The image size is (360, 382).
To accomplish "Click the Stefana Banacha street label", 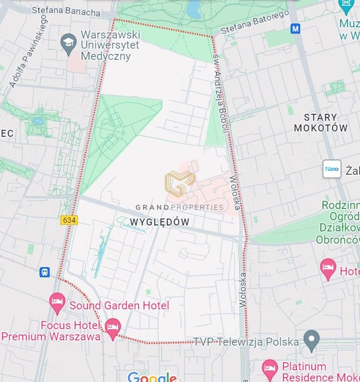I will pyautogui.click(x=66, y=11).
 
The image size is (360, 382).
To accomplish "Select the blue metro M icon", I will pyautogui.click(x=295, y=28).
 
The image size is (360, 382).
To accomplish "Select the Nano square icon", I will pyautogui.click(x=332, y=169).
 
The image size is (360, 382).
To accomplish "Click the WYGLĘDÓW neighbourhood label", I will pyautogui.click(x=160, y=221).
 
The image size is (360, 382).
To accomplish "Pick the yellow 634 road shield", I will pyautogui.click(x=69, y=220).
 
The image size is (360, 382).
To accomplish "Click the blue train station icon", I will pyautogui.click(x=44, y=272).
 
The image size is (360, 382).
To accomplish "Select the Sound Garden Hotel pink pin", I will pyautogui.click(x=57, y=302).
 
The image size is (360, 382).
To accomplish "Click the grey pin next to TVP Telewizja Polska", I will pyautogui.click(x=311, y=338).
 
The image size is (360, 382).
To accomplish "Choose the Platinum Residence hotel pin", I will pyautogui.click(x=270, y=369).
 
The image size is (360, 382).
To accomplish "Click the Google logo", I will pyautogui.click(x=152, y=377).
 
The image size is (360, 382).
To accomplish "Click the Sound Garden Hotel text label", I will pyautogui.click(x=119, y=306).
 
